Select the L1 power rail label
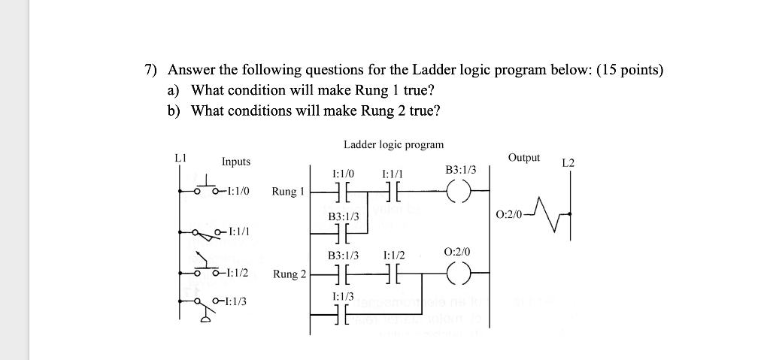pos(179,158)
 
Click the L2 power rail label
pos(568,162)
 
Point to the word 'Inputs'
pos(236,162)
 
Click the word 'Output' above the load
pos(523,157)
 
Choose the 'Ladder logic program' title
pos(393,144)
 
